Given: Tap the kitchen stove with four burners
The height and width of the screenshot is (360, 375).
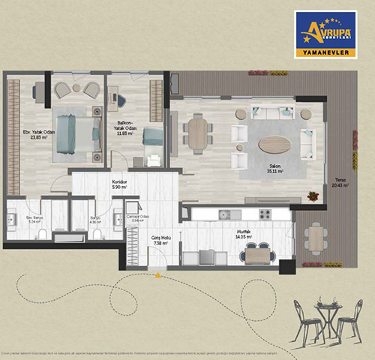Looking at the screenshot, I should [x=264, y=215].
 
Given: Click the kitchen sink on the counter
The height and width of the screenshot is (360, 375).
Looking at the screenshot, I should [x=223, y=215].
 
